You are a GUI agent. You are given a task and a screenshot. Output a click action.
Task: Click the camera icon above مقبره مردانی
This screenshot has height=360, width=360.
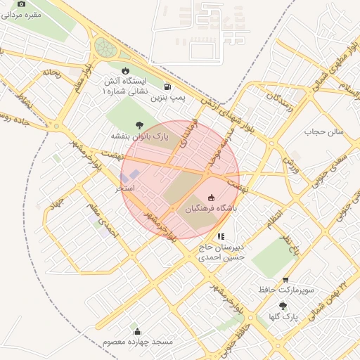click(x=21, y=4)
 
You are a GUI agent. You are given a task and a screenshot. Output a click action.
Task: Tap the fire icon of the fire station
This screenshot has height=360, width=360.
click(x=125, y=71)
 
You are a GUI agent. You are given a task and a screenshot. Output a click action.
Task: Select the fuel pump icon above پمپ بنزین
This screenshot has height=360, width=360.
click(x=167, y=87)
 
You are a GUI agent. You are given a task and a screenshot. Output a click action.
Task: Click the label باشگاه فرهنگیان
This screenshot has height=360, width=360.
click(x=211, y=209)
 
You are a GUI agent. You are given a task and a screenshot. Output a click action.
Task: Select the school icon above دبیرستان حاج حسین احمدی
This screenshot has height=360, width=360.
click(x=221, y=237)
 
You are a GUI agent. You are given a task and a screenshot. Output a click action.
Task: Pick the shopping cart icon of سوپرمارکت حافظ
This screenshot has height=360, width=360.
click(x=285, y=279)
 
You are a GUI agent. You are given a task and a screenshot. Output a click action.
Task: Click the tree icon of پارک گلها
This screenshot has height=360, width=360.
click(x=283, y=306)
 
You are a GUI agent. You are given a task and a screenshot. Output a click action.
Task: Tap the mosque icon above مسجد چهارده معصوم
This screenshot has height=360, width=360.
click(x=137, y=331)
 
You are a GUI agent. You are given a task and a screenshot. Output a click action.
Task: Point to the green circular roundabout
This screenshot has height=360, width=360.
click(x=105, y=48)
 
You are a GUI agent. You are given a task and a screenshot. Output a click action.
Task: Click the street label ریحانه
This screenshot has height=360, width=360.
click(x=53, y=72)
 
